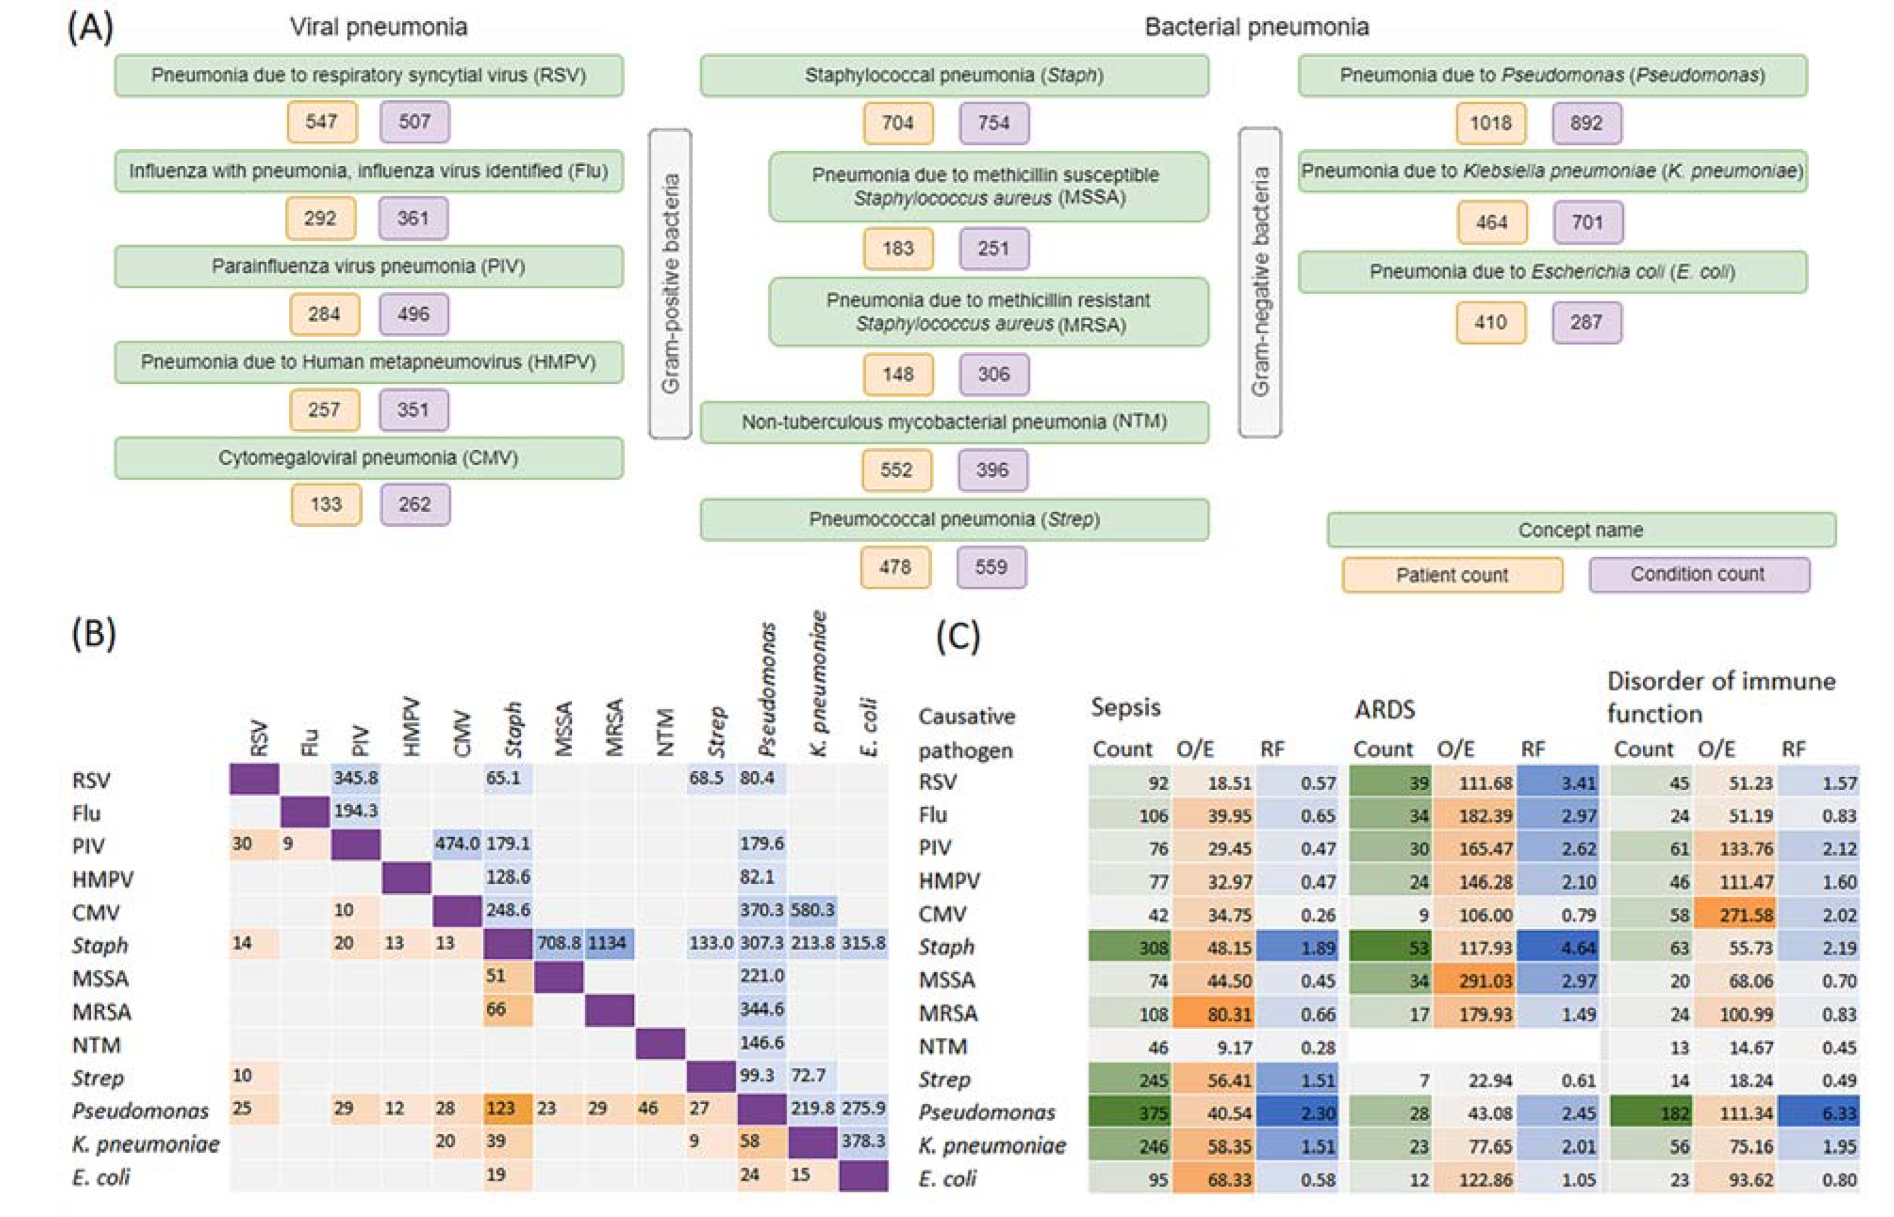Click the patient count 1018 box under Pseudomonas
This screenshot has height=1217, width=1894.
click(1490, 123)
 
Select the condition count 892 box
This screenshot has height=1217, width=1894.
click(1586, 123)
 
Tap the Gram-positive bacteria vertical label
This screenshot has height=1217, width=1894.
click(671, 284)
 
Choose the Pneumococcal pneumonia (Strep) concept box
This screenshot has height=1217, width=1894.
click(954, 519)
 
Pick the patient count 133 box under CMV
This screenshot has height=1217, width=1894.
click(326, 504)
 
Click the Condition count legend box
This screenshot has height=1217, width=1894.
click(1698, 574)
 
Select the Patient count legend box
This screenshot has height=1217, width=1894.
click(1451, 574)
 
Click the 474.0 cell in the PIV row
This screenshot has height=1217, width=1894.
click(457, 843)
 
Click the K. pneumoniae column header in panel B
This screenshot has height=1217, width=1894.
click(819, 684)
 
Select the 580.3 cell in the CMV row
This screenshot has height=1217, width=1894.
click(812, 910)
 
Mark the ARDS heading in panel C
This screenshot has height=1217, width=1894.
click(1384, 710)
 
